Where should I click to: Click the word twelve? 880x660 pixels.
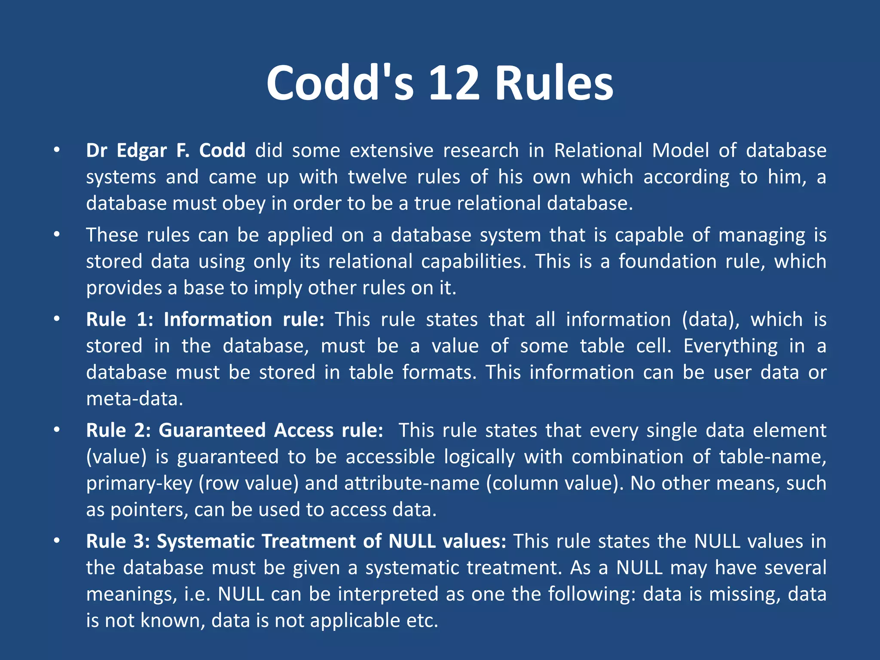pyautogui.click(x=377, y=177)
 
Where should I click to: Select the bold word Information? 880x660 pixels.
pyautogui.click(x=218, y=320)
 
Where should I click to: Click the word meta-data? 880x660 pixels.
pyautogui.click(x=134, y=399)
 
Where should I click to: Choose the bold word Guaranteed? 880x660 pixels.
pyautogui.click(x=212, y=431)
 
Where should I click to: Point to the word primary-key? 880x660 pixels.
pyautogui.click(x=139, y=483)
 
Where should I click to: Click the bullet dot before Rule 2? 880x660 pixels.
pyautogui.click(x=56, y=430)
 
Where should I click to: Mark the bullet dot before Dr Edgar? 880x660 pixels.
pyautogui.click(x=56, y=150)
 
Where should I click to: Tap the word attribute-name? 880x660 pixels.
pyautogui.click(x=412, y=483)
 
